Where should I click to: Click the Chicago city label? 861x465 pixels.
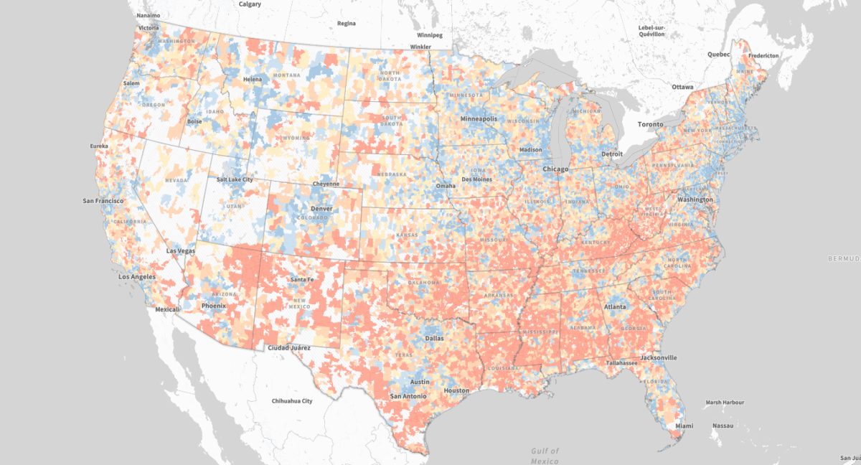555,169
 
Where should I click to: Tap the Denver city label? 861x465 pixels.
321,208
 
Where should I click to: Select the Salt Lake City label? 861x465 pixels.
235,179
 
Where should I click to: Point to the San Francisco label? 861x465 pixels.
104,200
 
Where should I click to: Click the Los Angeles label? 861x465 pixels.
137,276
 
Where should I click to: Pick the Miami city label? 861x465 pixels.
684,426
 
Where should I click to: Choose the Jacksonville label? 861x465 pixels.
659,357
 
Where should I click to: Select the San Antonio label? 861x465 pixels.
408,396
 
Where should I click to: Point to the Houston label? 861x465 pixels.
456,390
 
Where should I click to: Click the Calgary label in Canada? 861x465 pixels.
250,4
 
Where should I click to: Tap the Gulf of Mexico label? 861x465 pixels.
545,454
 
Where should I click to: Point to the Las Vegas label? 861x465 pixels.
181,251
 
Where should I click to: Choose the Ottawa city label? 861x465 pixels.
682,87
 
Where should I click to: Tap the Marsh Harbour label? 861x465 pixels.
725,402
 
